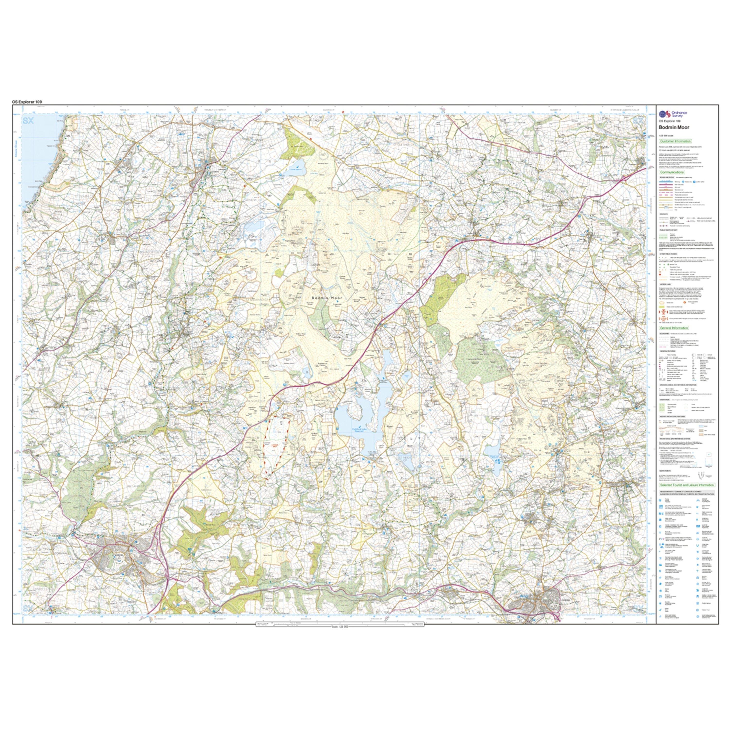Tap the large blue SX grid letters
pyautogui.click(x=28, y=121)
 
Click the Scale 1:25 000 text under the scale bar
pyautogui.click(x=333, y=627)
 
